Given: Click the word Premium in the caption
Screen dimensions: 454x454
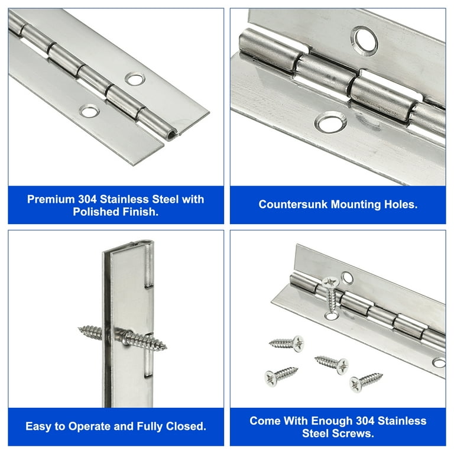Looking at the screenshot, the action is [x=51, y=199].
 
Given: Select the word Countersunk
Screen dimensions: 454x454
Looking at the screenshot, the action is [x=293, y=205].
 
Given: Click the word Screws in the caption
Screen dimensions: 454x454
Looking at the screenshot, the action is [x=353, y=433].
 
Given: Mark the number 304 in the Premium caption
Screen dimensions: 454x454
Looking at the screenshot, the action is [x=87, y=199].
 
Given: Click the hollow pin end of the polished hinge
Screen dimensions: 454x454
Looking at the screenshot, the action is [x=171, y=135].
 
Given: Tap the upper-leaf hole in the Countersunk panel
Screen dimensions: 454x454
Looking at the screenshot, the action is [x=366, y=40].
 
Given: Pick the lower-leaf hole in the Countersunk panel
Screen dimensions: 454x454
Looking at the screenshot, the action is [x=330, y=122].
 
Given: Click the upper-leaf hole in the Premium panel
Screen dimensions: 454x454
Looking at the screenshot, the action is [x=135, y=79].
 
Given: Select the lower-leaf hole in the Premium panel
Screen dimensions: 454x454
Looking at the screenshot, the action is [x=89, y=111].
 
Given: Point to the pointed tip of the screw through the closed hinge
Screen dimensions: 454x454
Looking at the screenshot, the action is [x=166, y=346].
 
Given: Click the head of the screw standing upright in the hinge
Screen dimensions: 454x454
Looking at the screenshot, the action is [x=330, y=282].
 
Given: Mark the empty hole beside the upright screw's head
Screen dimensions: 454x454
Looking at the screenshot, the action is [x=347, y=278].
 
